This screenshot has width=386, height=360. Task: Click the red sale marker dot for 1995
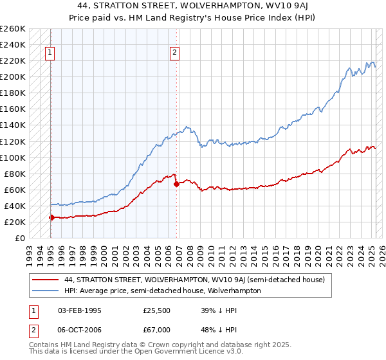[51, 217]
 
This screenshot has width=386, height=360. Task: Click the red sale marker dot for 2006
[176, 184]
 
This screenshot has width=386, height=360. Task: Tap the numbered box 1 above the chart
[50, 53]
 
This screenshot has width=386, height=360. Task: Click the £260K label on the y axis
[13, 29]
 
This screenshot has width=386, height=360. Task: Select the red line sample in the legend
[46, 280]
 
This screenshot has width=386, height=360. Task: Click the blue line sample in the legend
[46, 291]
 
